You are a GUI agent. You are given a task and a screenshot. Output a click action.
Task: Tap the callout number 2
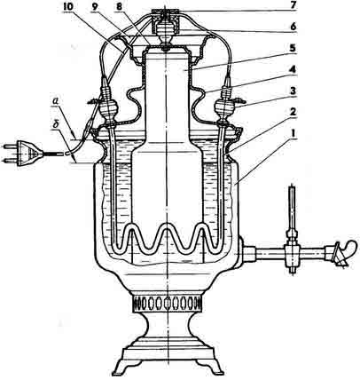click(292, 112)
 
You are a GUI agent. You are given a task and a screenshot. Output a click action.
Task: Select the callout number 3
click(292, 91)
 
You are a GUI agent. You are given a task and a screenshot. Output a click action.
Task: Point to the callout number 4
click(292, 70)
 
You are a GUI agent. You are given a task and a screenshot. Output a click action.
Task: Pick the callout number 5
click(292, 49)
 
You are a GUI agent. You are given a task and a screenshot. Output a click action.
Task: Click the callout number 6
click(292, 28)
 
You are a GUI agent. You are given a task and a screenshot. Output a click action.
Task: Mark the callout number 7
click(292, 7)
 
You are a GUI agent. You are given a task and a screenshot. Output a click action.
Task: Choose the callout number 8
click(119, 7)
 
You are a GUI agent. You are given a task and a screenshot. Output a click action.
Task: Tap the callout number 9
click(95, 7)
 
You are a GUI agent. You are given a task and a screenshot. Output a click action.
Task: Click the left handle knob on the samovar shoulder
click(108, 109)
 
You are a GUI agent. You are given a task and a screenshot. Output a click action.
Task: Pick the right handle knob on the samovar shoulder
click(224, 108)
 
